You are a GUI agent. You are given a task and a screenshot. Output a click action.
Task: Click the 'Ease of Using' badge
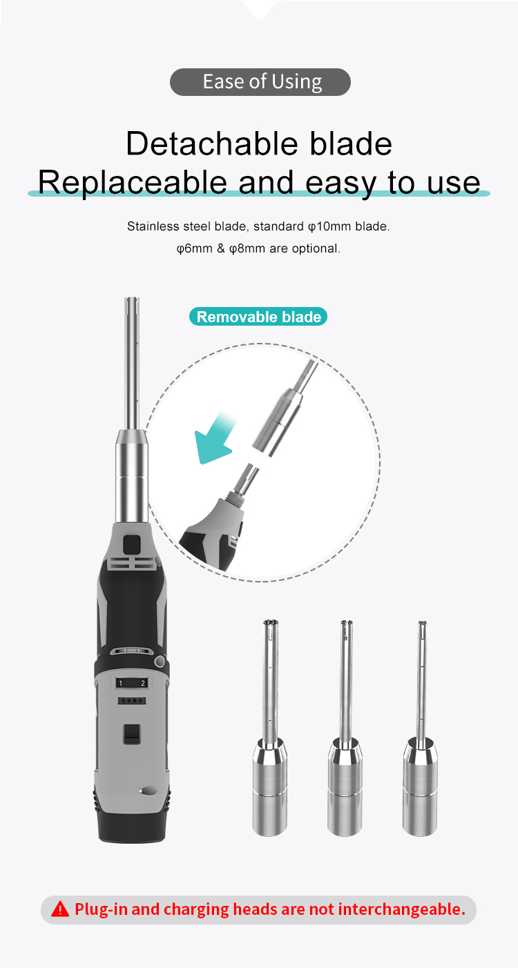click(260, 81)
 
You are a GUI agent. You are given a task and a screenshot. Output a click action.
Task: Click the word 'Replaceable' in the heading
click(133, 182)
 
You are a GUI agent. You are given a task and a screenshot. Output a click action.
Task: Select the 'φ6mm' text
click(194, 249)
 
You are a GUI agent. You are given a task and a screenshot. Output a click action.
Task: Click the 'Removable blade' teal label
click(258, 317)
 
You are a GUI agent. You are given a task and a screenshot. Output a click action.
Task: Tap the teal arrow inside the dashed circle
click(215, 437)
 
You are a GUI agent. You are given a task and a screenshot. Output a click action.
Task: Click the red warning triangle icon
click(59, 909)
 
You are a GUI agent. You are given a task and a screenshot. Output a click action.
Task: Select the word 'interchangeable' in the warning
click(401, 909)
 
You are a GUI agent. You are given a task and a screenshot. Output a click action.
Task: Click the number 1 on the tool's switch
click(121, 683)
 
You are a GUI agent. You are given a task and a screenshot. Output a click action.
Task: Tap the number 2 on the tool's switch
click(143, 683)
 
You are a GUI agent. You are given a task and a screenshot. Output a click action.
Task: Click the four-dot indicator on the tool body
click(131, 700)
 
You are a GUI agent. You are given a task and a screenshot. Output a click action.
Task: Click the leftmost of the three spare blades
click(269, 727)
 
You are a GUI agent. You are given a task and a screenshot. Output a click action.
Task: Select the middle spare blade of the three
click(345, 727)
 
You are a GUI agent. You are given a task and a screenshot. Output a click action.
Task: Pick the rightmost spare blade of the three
click(420, 727)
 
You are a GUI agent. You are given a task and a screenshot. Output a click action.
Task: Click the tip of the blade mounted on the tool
click(131, 299)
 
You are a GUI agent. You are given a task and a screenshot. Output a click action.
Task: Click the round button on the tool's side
click(160, 661)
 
